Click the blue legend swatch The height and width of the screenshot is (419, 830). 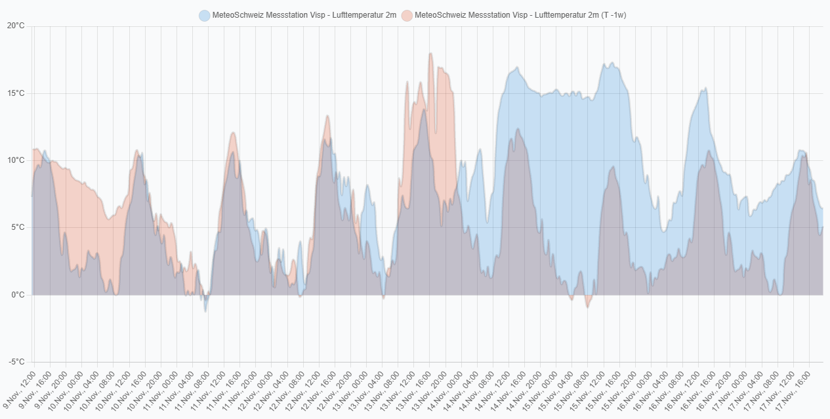tap(205, 15)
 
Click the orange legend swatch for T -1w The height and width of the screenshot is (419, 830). tap(407, 15)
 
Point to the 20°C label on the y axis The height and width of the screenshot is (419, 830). tap(16, 26)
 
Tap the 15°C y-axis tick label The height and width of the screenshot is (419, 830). tap(16, 93)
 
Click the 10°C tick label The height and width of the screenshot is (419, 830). tap(16, 160)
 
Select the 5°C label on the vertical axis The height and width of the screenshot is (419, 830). tap(18, 228)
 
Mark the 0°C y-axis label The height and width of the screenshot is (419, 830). tap(18, 295)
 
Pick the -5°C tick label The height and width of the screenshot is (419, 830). tap(16, 362)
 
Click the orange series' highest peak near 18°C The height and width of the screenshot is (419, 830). tap(430, 54)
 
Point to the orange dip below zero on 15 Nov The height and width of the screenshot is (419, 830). tap(588, 307)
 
